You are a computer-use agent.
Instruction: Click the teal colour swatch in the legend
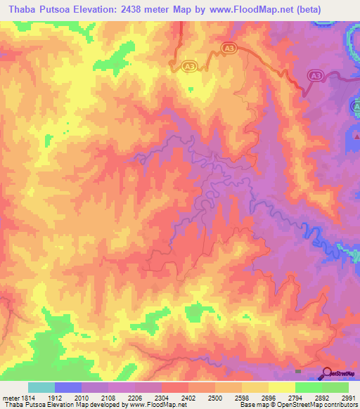pyautogui.click(x=41, y=387)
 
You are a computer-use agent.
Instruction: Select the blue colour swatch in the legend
pyautogui.click(x=68, y=387)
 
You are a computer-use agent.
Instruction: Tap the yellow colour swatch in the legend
pyautogui.click(x=281, y=387)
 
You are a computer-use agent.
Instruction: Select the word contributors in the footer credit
pyautogui.click(x=338, y=405)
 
